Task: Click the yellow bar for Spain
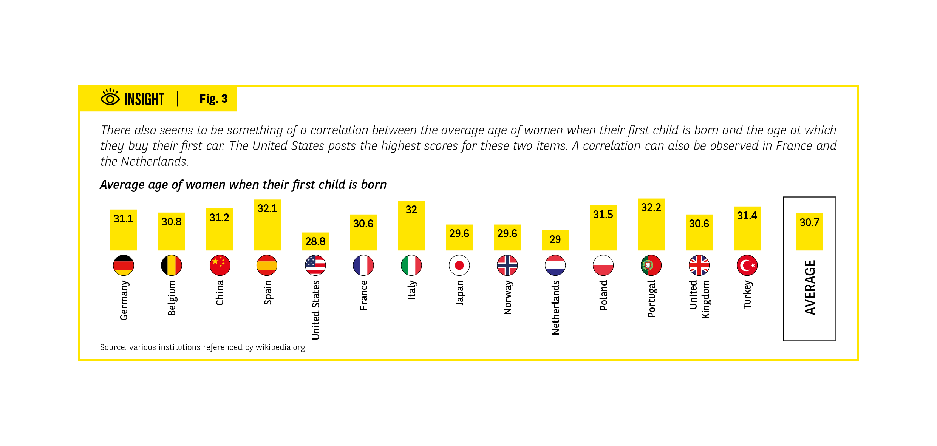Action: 267,225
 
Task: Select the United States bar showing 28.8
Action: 315,242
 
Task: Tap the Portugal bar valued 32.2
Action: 651,224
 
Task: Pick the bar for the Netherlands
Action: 555,240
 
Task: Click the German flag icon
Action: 124,265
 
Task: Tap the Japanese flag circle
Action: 459,265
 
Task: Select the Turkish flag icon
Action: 747,265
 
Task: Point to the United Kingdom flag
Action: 699,265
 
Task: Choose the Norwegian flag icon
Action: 507,265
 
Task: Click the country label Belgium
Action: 172,298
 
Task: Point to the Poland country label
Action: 603,295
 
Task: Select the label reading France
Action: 363,295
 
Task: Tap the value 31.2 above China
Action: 219,218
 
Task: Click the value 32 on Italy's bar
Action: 411,210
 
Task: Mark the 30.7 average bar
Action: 809,232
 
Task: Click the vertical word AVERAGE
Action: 810,287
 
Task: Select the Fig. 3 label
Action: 213,99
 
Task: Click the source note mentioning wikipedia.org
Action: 203,347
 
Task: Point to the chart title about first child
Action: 243,185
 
